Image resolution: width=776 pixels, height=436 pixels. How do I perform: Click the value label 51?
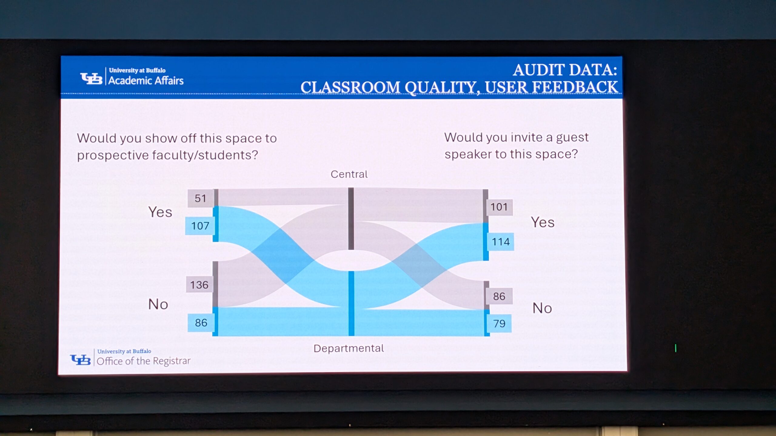pos(200,198)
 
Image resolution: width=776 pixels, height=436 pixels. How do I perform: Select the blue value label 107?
pos(200,226)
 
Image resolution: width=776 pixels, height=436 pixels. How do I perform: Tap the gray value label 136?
pos(199,285)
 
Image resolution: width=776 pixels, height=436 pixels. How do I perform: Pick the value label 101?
pos(499,207)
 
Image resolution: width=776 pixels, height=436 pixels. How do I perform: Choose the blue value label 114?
pos(500,242)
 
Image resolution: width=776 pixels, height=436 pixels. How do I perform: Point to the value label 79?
pos(499,324)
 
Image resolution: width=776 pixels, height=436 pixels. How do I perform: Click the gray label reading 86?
pos(499,296)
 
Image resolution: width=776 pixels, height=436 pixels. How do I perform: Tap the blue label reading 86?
pos(201,323)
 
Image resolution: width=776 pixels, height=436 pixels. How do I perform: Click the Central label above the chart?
pos(349,174)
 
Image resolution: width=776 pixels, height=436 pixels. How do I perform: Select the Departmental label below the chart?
pos(349,348)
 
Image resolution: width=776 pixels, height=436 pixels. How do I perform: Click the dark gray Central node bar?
pos(351,219)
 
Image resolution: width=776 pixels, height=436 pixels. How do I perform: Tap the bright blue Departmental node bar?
pos(351,303)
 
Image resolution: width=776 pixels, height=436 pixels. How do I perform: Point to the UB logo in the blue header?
pos(91,78)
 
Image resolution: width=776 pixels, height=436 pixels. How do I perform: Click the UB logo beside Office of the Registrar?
pos(80,360)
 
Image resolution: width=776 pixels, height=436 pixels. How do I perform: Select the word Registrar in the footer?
pos(172,361)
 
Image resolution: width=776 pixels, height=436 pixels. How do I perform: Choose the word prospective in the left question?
pos(113,155)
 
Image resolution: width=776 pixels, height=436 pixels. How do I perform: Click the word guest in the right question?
pos(572,138)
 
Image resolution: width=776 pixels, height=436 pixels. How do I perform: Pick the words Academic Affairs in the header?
pos(146,81)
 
